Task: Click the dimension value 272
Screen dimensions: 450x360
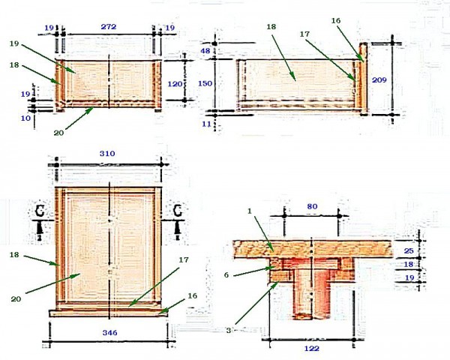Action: pos(109,27)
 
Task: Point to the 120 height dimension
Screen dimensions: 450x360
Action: pos(175,84)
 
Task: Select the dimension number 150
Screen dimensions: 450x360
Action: pos(205,83)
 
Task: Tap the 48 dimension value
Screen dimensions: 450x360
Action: pos(205,51)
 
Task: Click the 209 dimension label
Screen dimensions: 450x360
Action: pos(379,80)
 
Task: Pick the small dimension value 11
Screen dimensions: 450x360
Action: pos(206,124)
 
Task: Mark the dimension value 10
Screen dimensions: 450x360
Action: pos(25,118)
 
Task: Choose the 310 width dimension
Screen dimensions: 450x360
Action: pos(107,154)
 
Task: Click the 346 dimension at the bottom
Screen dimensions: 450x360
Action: pos(110,333)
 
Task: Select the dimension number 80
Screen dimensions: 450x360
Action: pos(312,206)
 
